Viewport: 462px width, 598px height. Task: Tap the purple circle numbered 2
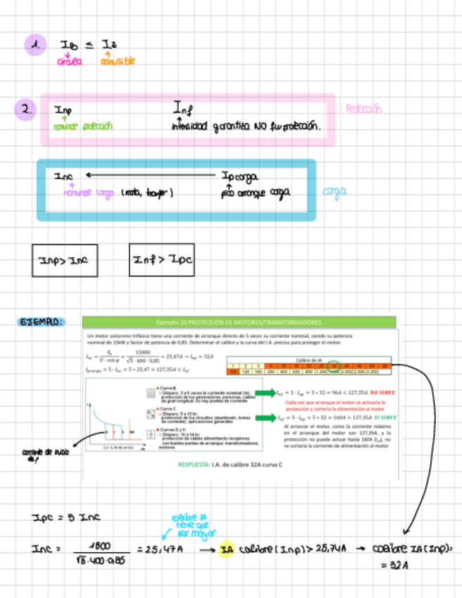25,110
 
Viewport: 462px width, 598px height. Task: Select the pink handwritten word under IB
70,61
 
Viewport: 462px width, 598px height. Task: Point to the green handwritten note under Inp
83,127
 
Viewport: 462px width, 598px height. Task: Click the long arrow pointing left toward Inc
151,175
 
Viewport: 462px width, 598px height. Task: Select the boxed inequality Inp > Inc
65,261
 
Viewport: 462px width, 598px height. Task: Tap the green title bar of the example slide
239,322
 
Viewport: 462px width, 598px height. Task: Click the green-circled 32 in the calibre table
333,365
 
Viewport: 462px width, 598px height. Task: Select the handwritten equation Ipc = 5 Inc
66,518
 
